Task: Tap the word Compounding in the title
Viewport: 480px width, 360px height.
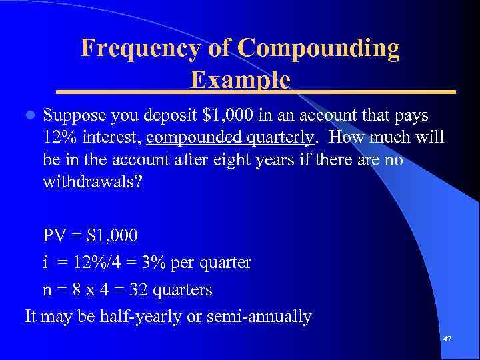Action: [318, 48]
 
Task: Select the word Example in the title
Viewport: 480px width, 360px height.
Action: [240, 80]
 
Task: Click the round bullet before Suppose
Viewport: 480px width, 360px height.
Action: [28, 116]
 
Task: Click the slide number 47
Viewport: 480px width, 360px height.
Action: [447, 339]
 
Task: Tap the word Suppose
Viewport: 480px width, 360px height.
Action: [73, 116]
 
